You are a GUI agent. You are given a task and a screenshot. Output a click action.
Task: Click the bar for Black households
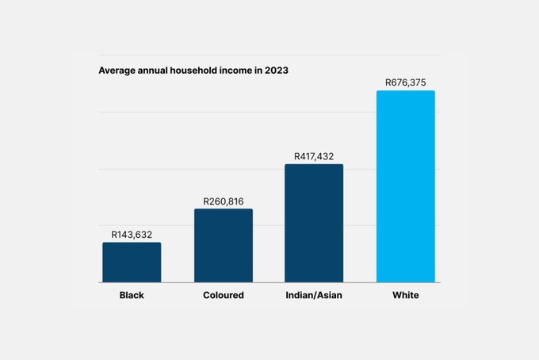[132, 262]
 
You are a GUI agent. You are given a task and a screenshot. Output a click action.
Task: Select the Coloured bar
[224, 245]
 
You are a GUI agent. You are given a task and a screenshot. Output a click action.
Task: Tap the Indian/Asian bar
[314, 223]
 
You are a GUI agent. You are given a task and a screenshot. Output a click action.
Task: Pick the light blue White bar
[405, 186]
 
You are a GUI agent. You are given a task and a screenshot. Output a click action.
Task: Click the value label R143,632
[132, 235]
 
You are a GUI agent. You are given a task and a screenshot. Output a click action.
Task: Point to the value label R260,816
[224, 201]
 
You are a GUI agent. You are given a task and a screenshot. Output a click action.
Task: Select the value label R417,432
[314, 157]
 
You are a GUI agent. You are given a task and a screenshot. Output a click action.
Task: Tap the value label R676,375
[405, 82]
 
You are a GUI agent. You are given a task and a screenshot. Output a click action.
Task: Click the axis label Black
[132, 296]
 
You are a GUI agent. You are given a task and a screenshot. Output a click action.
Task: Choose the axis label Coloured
[224, 296]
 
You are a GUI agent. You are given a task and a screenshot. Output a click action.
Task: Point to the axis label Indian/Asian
[314, 296]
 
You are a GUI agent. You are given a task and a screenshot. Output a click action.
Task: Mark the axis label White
[405, 296]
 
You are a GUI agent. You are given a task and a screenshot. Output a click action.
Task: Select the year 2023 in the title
[276, 71]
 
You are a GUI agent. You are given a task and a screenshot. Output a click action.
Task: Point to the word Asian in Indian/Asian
[330, 296]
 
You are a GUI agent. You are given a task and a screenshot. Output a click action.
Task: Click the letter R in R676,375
[388, 82]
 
